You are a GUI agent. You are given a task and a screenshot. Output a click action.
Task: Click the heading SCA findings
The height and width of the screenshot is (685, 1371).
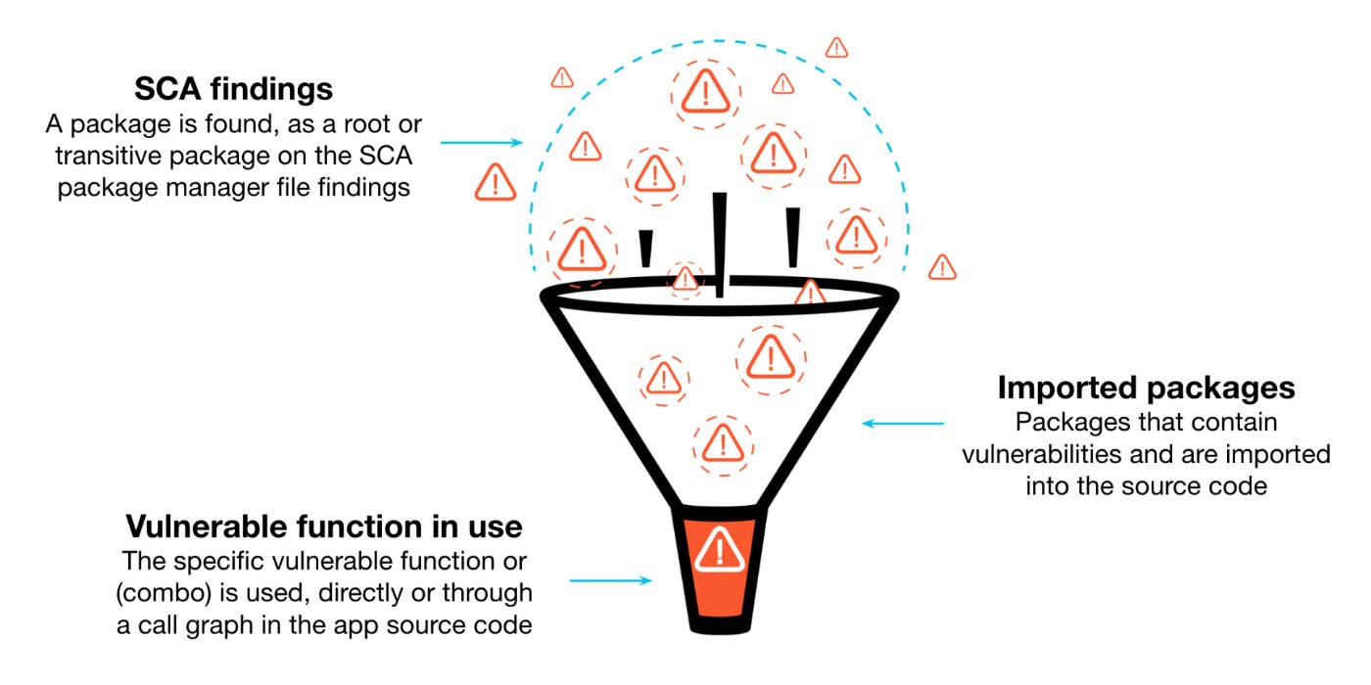pyautogui.click(x=233, y=89)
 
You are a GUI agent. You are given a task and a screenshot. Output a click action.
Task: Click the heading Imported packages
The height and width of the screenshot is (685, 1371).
pyautogui.click(x=1146, y=388)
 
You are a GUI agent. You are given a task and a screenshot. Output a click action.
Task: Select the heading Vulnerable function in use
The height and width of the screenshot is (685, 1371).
pyautogui.click(x=323, y=527)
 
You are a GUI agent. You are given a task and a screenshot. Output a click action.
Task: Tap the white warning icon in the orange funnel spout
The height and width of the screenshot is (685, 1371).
pyautogui.click(x=720, y=549)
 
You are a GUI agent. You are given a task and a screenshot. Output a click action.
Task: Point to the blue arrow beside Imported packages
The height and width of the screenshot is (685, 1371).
pyautogui.click(x=903, y=424)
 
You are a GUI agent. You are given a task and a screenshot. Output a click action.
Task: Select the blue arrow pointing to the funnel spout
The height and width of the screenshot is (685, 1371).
pyautogui.click(x=610, y=580)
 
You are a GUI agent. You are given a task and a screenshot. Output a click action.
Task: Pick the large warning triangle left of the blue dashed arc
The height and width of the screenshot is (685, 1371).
pyautogui.click(x=495, y=182)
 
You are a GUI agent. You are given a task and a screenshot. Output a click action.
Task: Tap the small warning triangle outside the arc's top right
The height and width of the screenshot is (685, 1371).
pyautogui.click(x=836, y=47)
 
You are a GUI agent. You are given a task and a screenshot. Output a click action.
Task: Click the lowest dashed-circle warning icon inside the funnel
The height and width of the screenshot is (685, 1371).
pyautogui.click(x=721, y=441)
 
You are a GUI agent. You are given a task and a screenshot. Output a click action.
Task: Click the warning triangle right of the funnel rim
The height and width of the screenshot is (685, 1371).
pyautogui.click(x=942, y=266)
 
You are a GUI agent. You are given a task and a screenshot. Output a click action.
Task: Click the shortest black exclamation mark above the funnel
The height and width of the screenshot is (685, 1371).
pyautogui.click(x=644, y=249)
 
